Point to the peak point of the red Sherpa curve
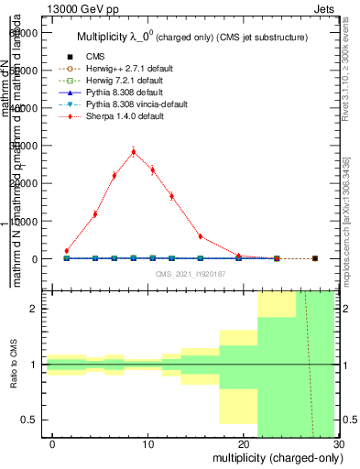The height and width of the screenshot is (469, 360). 133,152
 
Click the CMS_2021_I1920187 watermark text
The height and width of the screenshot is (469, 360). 190,273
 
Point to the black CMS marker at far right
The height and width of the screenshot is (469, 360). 315,258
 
